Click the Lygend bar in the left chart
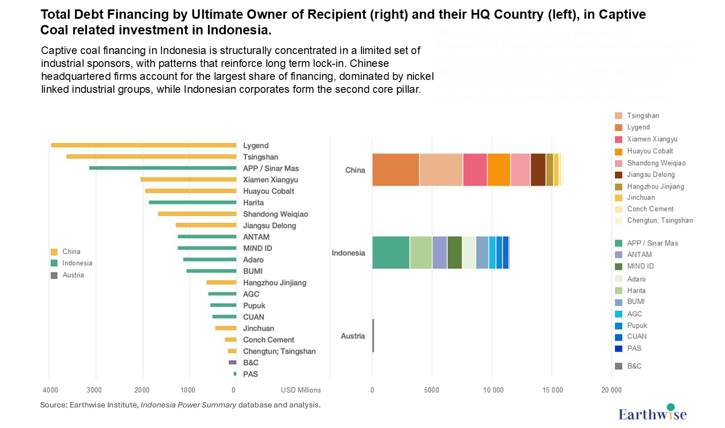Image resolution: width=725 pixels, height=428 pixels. [144, 145]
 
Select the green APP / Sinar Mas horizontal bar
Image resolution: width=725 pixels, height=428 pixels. [163, 168]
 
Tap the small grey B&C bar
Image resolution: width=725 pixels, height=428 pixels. [232, 362]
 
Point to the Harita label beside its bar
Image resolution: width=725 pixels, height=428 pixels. [253, 203]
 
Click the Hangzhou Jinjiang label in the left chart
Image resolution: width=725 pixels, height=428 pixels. [274, 283]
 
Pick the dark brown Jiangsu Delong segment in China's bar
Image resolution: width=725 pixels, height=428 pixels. [538, 170]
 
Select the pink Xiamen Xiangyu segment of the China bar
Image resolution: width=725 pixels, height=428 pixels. [475, 170]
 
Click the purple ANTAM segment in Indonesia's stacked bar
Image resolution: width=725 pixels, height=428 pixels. [439, 253]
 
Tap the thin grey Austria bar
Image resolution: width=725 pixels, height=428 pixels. [373, 336]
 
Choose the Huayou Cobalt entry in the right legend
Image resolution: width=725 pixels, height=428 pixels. [650, 151]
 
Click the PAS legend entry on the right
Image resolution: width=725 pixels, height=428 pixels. [634, 349]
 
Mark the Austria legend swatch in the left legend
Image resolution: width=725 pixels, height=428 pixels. [54, 275]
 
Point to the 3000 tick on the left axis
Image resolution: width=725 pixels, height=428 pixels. [94, 390]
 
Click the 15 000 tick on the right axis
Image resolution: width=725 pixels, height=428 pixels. [552, 390]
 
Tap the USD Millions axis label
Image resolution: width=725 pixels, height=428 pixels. [301, 390]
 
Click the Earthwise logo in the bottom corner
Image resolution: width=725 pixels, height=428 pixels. [652, 413]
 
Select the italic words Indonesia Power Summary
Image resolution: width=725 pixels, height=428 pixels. [188, 405]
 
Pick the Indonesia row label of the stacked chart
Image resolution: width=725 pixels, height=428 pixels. [348, 253]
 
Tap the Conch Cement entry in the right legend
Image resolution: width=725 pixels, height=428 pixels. [650, 209]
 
